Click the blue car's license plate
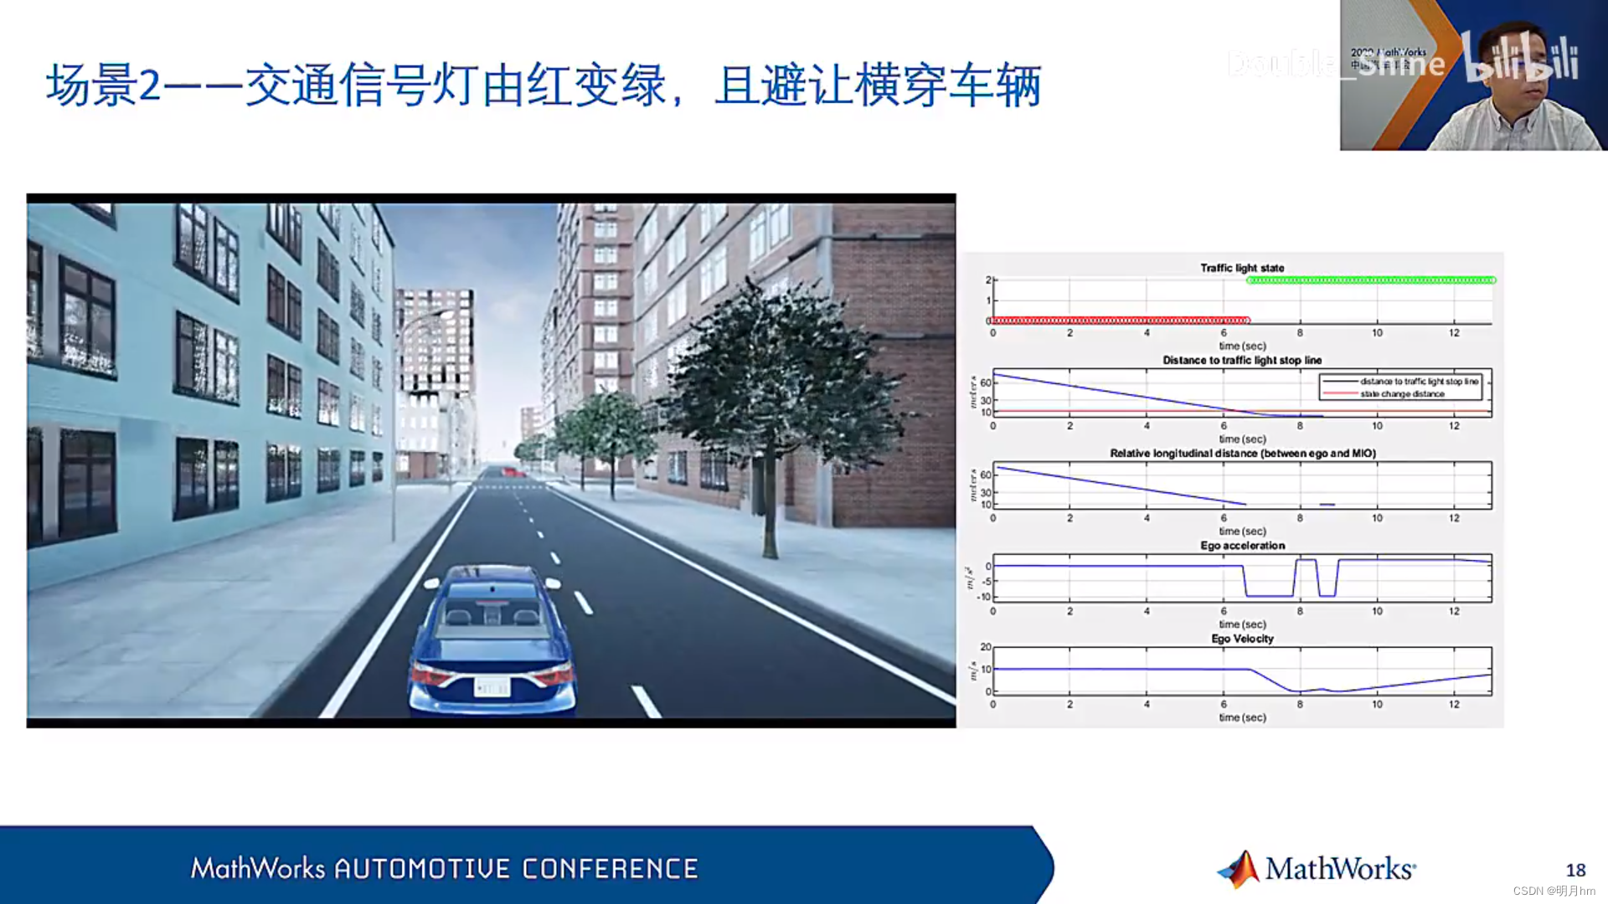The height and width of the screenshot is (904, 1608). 492,687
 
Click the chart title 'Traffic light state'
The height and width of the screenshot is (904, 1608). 1242,268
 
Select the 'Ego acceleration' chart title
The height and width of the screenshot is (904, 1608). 1242,546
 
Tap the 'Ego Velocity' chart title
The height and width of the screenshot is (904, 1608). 1242,639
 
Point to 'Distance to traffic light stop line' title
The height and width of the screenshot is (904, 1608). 1242,361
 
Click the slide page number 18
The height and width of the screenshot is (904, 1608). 1575,871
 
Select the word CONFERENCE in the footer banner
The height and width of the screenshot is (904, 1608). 610,869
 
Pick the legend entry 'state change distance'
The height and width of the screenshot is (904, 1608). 1402,394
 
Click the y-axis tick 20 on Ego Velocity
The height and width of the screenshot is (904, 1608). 986,647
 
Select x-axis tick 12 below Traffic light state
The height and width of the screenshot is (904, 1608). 1454,333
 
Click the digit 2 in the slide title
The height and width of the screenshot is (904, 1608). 149,86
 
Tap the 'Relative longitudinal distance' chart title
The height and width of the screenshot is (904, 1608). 1242,454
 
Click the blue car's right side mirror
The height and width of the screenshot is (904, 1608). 553,583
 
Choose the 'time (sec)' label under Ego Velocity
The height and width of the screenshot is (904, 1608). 1242,717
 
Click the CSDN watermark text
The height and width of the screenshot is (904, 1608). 1554,891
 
